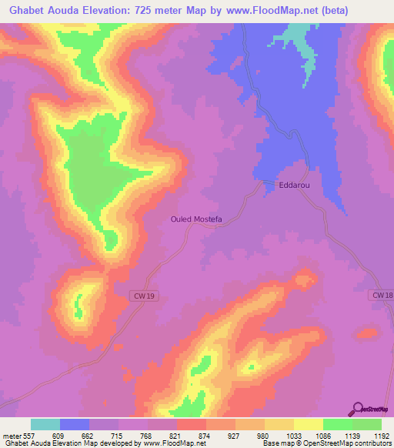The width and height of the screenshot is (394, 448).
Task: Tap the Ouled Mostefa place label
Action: click(x=196, y=219)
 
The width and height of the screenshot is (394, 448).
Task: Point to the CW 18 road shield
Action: click(x=382, y=296)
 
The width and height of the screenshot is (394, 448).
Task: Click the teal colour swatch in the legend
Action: click(x=45, y=424)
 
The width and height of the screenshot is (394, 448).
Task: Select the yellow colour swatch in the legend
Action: click(x=308, y=424)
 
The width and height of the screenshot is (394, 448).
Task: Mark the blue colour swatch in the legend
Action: click(x=75, y=424)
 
